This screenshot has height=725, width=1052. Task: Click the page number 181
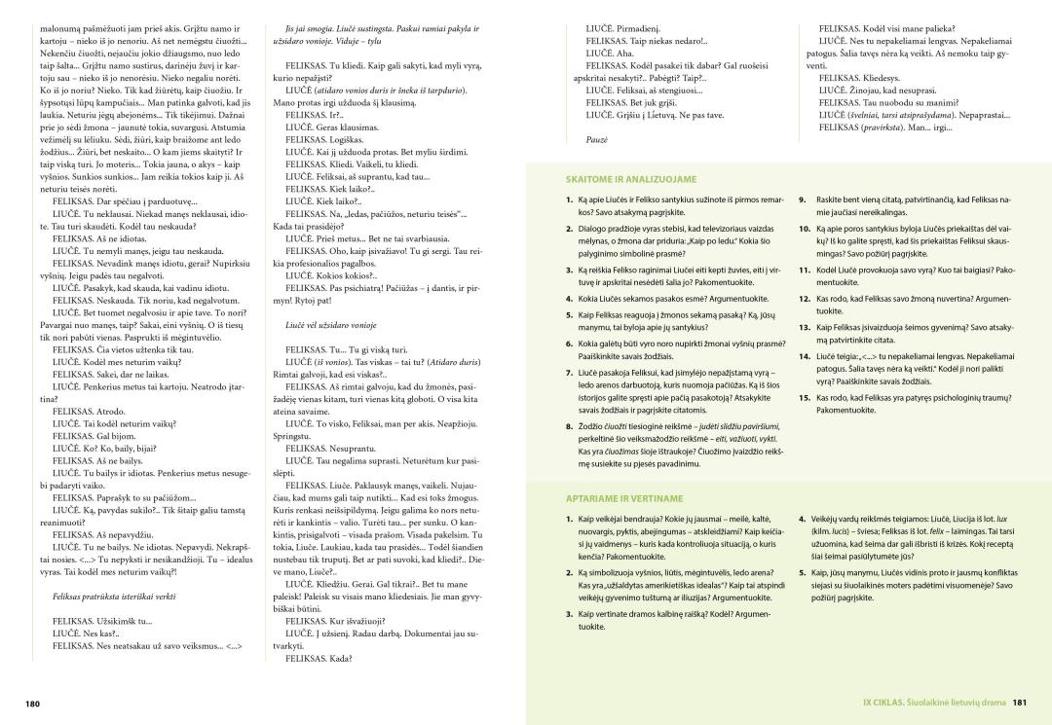1019,702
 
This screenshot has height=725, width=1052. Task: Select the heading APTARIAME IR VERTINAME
613,498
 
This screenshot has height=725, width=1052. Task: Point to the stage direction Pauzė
597,140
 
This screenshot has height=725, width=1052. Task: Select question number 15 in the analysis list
805,397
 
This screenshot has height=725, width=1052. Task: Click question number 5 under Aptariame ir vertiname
804,572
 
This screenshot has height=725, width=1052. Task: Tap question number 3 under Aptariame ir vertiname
568,614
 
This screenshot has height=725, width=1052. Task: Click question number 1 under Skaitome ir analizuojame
568,199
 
